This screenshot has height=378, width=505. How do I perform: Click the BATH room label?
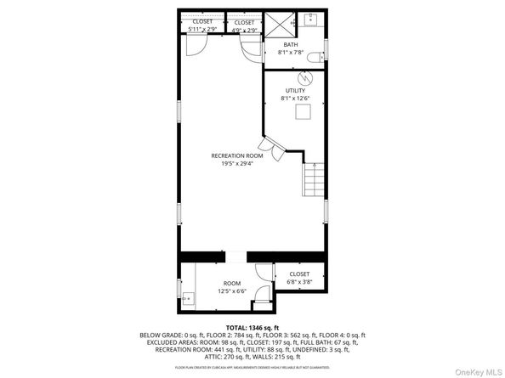pyautogui.click(x=290, y=45)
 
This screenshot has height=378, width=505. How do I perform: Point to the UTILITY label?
pyautogui.click(x=295, y=91)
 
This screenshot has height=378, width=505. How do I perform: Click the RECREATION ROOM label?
pyautogui.click(x=237, y=156)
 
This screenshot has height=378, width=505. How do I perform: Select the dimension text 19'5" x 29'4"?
pyautogui.click(x=237, y=165)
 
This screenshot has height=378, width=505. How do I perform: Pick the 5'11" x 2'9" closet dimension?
pyautogui.click(x=202, y=30)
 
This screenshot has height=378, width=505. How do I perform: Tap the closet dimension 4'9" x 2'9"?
pyautogui.click(x=244, y=30)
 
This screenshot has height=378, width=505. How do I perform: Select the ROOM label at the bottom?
pyautogui.click(x=232, y=283)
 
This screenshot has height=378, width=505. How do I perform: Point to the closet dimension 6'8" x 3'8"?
pyautogui.click(x=299, y=282)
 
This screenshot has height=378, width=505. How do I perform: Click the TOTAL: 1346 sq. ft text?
pyautogui.click(x=252, y=328)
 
